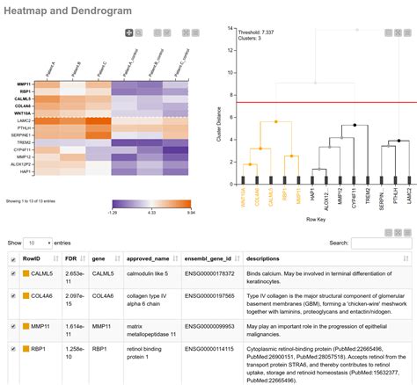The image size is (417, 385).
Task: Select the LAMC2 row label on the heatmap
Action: [x=22, y=120]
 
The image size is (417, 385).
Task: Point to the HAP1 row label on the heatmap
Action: [x=25, y=171]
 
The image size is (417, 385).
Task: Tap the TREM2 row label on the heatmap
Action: [x=23, y=142]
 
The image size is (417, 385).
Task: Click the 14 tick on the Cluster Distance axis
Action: [x=230, y=28]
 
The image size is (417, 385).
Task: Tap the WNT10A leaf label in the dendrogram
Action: [x=243, y=192]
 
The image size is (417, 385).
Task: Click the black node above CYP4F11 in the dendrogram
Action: [x=355, y=126]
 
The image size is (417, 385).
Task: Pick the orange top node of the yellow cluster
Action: [x=275, y=121]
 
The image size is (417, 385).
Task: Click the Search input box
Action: [x=380, y=242]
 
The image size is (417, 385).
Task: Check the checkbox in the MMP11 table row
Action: [x=11, y=326]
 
